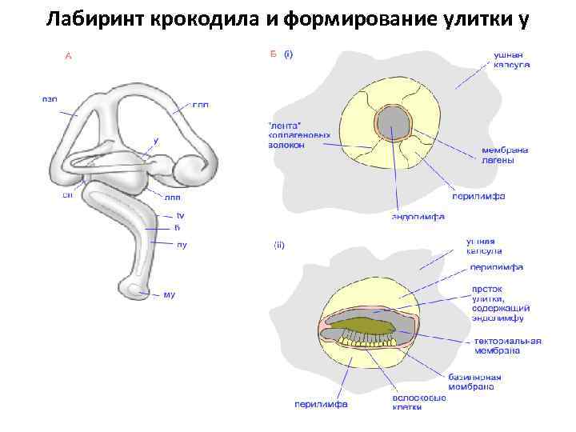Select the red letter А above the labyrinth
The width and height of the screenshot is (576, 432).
[68, 56]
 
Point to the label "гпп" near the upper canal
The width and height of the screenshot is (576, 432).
[202, 105]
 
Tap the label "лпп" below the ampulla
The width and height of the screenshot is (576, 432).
[173, 197]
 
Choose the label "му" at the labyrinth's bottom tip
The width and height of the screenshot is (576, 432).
[169, 295]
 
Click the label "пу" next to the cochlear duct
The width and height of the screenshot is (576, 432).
[182, 245]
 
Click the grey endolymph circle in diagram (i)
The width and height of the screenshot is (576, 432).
[393, 123]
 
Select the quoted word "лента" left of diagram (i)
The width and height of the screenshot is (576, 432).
[286, 126]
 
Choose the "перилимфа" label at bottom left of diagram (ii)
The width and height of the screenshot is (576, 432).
[319, 404]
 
